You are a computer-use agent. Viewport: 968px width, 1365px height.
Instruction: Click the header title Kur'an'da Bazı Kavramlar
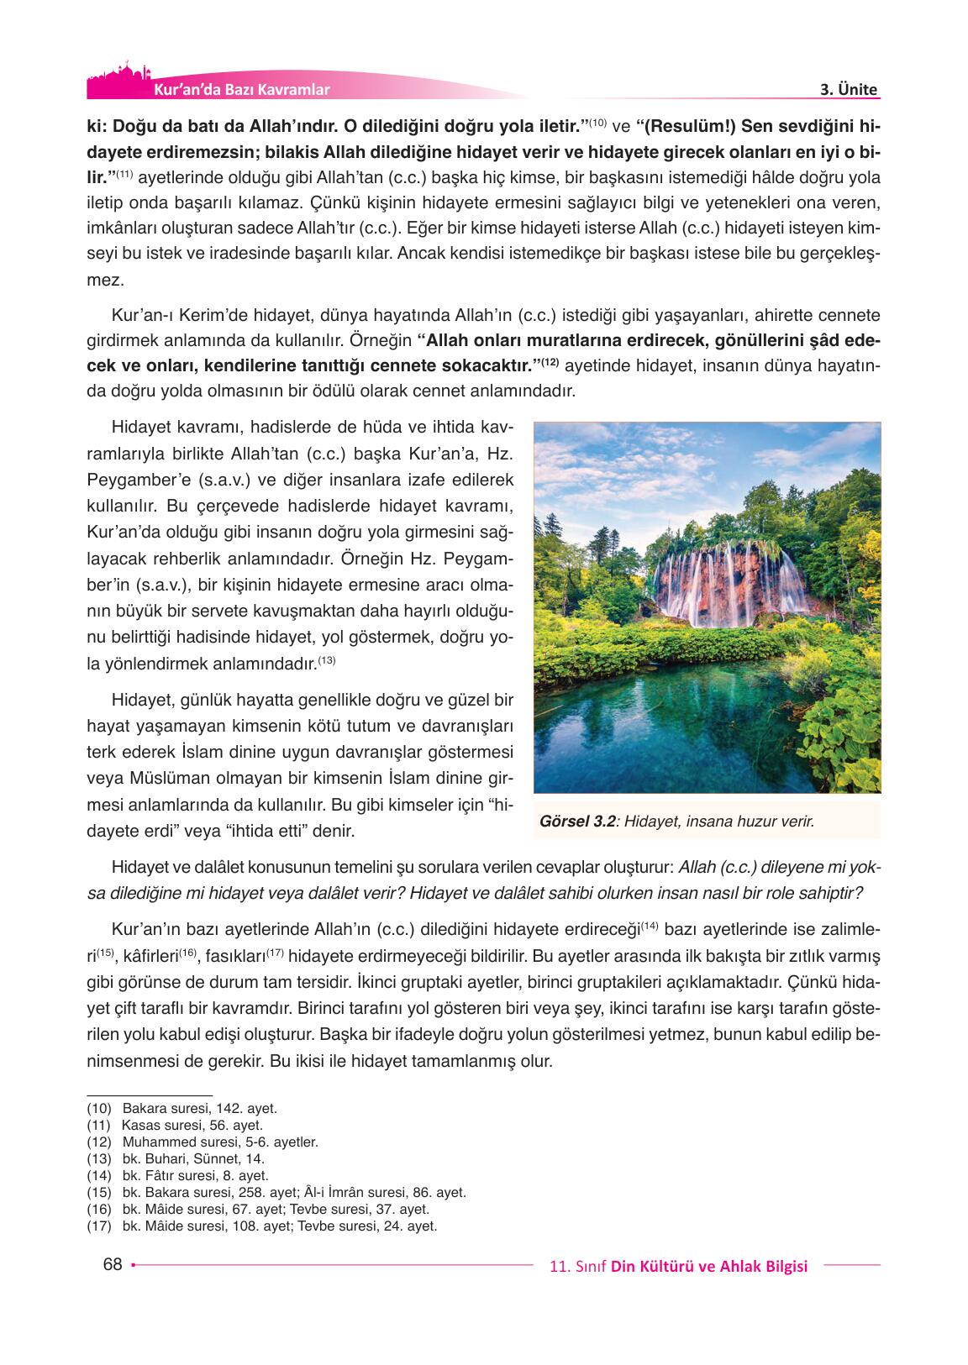tap(242, 90)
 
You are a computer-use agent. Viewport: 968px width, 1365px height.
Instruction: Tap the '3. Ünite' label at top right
tap(848, 90)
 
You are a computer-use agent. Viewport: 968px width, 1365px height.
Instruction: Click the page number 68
tap(112, 1265)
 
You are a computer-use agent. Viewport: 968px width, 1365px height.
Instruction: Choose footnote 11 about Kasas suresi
tap(176, 1126)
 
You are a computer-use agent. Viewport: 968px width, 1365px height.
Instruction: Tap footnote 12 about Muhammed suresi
tap(203, 1142)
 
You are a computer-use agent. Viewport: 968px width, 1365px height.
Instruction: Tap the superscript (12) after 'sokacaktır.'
tap(550, 362)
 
